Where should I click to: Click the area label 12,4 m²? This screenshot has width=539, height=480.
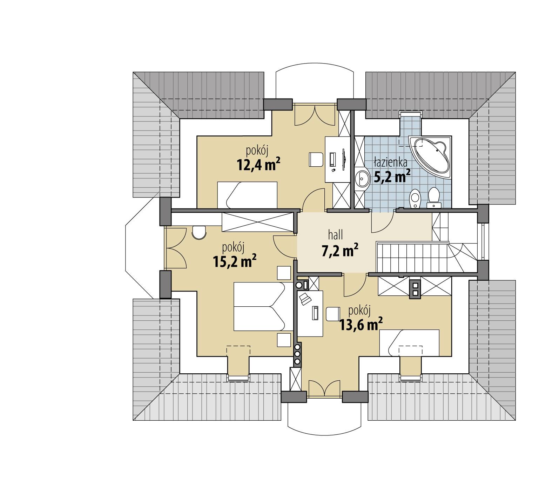click(x=259, y=165)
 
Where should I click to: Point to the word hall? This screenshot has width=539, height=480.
click(x=335, y=235)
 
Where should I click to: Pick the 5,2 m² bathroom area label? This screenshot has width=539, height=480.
click(x=392, y=177)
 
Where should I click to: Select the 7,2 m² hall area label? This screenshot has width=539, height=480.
click(x=340, y=251)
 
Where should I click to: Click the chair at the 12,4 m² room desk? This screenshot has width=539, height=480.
click(x=316, y=160)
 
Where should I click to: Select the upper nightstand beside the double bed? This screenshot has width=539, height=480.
click(x=284, y=273)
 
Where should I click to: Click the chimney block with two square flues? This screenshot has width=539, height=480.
click(x=416, y=288)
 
